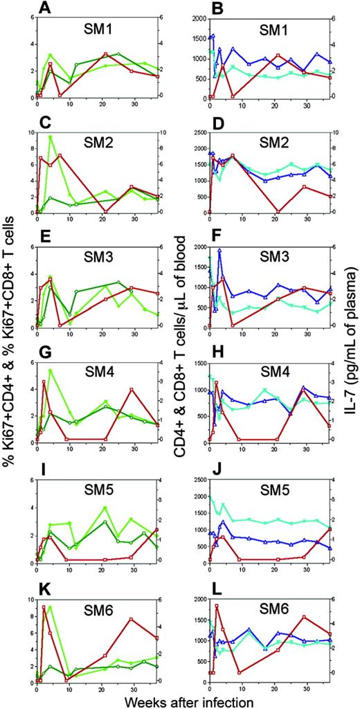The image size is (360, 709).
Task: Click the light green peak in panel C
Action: [50, 136]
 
